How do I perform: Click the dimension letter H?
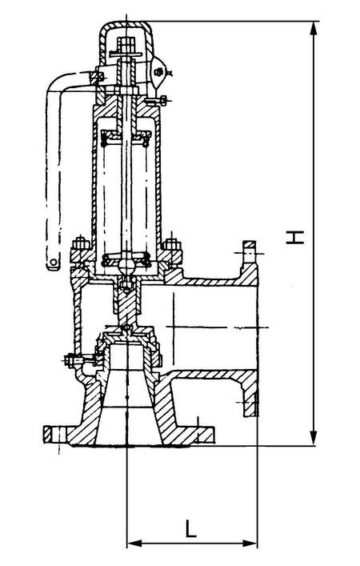click(294, 237)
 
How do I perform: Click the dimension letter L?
click(190, 528)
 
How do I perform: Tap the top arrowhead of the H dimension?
click(314, 28)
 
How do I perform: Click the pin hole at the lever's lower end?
click(54, 261)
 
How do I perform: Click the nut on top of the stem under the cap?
click(126, 44)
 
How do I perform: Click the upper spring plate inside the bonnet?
click(126, 136)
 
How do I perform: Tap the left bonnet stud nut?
click(81, 244)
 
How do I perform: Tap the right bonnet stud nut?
click(172, 244)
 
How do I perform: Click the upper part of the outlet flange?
click(250, 257)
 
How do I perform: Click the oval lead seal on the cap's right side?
click(158, 73)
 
